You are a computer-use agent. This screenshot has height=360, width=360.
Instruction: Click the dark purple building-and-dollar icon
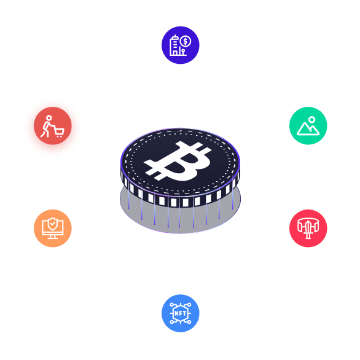181,45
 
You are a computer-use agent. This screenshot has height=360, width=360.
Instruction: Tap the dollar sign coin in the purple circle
186,42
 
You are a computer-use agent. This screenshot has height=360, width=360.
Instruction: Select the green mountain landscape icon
308,125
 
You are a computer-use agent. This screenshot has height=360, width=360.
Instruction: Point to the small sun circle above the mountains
312,119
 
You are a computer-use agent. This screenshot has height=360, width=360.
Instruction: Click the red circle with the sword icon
308,228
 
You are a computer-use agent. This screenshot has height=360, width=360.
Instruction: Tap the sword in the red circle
308,229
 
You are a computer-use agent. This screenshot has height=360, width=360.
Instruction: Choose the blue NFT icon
181,313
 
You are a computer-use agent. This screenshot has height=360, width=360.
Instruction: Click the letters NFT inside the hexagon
181,313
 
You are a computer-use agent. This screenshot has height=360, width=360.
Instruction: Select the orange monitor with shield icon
53,228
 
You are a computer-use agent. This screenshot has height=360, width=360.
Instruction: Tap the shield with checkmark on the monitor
53,224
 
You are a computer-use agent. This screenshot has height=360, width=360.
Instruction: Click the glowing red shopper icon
53,125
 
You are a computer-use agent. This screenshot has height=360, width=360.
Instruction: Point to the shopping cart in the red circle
59,133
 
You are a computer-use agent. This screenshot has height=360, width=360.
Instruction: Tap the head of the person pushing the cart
49,118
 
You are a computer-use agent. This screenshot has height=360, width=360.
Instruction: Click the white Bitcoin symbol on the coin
178,161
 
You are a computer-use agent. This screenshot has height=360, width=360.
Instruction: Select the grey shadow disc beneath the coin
181,216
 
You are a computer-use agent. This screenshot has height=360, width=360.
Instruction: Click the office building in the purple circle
174,45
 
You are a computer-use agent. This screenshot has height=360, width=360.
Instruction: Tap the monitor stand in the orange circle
53,237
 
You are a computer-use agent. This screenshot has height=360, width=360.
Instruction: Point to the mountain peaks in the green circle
308,129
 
